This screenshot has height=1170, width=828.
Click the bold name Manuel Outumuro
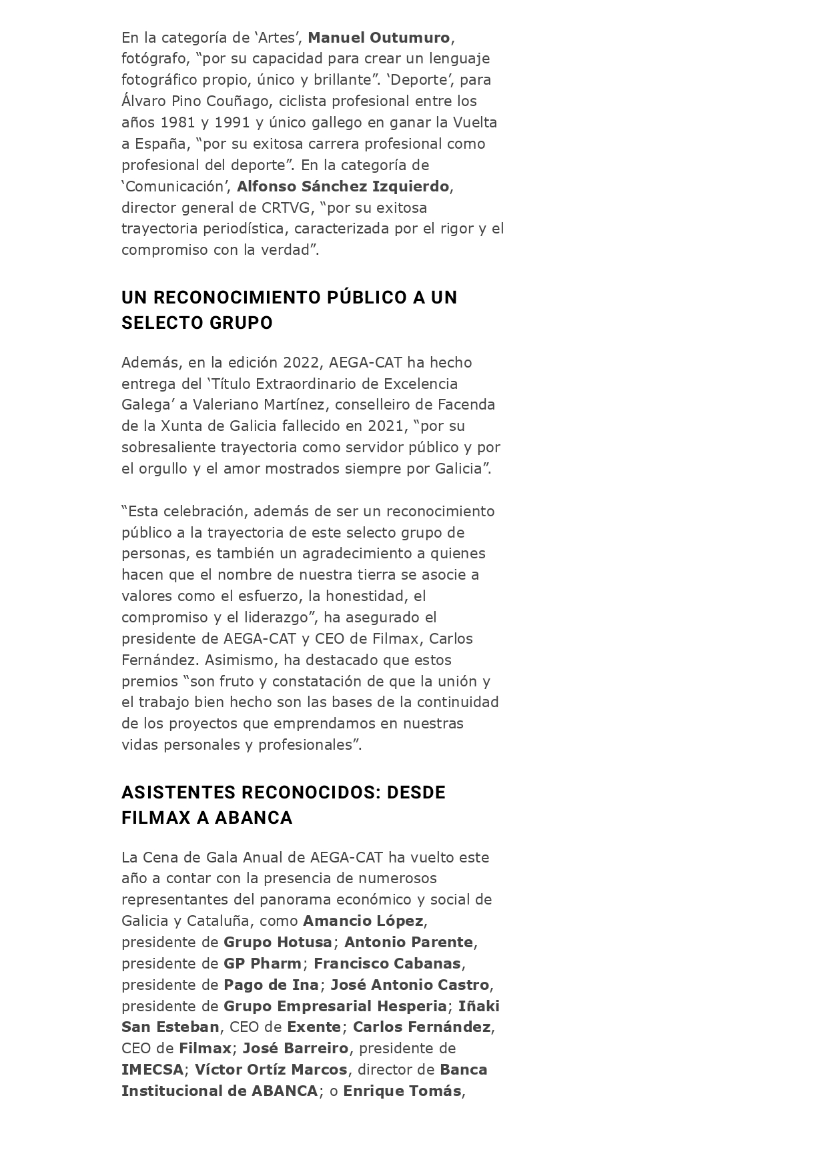379,37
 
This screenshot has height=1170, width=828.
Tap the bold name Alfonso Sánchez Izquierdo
343,186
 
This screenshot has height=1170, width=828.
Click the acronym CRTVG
285,207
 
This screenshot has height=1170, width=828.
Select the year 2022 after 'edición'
301,363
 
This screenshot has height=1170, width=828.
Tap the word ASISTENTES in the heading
178,792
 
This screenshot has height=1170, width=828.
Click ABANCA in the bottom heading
254,818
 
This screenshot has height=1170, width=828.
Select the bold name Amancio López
363,921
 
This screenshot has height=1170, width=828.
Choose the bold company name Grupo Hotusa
278,943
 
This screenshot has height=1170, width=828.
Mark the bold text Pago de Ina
271,985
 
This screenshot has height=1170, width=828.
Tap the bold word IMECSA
152,1070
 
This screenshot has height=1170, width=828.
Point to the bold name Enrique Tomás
402,1091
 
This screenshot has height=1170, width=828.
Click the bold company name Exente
314,1027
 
